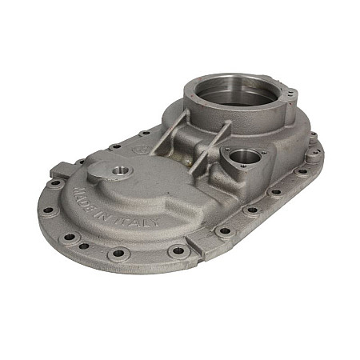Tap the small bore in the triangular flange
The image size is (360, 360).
(244, 158)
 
